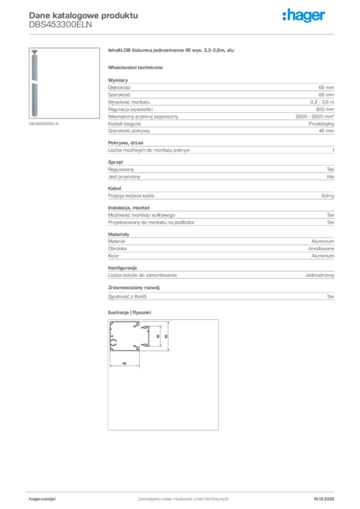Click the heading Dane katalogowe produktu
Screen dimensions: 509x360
click(84, 15)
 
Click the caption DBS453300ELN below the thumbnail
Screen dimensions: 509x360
click(43, 123)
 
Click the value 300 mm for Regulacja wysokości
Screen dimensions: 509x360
click(325, 109)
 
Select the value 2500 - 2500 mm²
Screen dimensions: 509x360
click(315, 116)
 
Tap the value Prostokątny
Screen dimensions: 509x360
click(321, 123)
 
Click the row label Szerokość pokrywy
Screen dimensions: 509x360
click(129, 131)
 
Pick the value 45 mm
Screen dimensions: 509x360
click(326, 131)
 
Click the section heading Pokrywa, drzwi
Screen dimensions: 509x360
click(125, 143)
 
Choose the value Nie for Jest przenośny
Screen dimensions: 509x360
click(330, 176)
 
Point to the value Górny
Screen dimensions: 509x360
click(328, 196)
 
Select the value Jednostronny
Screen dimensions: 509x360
click(319, 275)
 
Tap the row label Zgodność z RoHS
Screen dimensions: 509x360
click(128, 297)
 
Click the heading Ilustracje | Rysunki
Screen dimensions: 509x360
click(129, 313)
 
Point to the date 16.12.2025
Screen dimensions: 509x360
click(324, 499)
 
